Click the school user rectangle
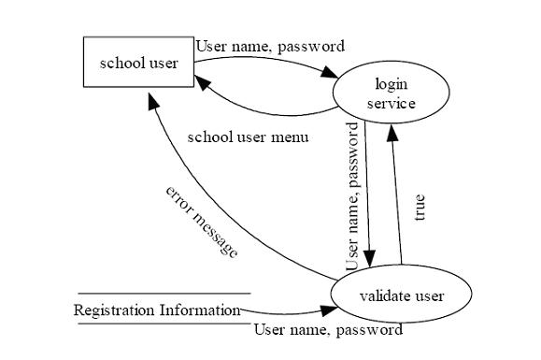pyautogui.click(x=138, y=63)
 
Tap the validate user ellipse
pyautogui.click(x=401, y=296)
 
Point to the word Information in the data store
pyautogui.click(x=200, y=310)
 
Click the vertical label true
pyautogui.click(x=420, y=206)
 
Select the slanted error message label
pyautogui.click(x=202, y=222)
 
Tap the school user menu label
pyautogui.click(x=248, y=137)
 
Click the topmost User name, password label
pyautogui.click(x=270, y=45)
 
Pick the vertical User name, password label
pyautogui.click(x=353, y=196)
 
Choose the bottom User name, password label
pyautogui.click(x=328, y=329)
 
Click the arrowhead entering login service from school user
pyautogui.click(x=330, y=75)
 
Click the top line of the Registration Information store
pyautogui.click(x=164, y=294)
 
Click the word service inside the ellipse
pyautogui.click(x=392, y=103)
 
